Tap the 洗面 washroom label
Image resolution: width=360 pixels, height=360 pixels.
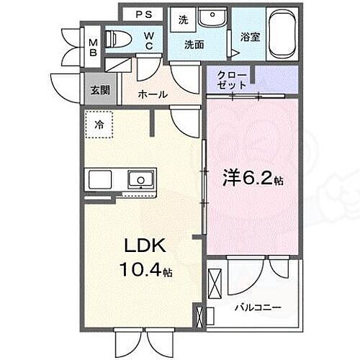pyautogui.click(x=192, y=45)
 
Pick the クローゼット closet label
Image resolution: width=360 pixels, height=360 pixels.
pyautogui.click(x=232, y=78)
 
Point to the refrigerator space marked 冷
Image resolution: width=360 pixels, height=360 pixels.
pyautogui.click(x=99, y=123)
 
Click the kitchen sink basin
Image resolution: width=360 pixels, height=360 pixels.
pyautogui.click(x=138, y=178)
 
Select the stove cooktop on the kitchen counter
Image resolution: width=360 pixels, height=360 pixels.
pyautogui.click(x=100, y=179)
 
